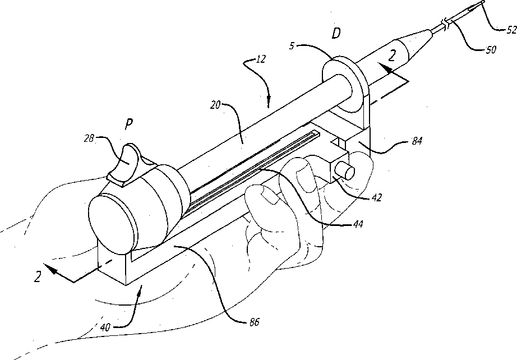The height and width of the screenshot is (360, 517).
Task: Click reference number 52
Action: pos(510,31)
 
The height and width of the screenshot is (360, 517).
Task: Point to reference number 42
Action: pos(379,197)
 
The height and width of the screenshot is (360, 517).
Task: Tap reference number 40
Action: pos(106,326)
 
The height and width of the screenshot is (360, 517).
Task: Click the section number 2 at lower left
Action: pos(38,276)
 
